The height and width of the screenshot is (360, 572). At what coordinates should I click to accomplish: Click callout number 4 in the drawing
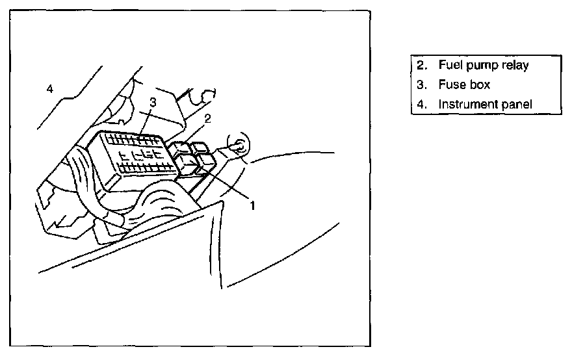coord(50,88)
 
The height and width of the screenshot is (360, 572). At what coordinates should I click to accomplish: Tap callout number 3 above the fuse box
coord(151,102)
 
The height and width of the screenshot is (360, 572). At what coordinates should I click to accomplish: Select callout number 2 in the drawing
coord(207,118)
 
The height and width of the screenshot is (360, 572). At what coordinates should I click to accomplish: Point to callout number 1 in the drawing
coord(252,205)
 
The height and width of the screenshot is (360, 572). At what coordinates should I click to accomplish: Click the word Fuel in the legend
coord(449,65)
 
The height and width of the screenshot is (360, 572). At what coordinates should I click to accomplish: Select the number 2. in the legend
coord(422,65)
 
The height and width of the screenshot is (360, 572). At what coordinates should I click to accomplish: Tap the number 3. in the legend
coord(422,84)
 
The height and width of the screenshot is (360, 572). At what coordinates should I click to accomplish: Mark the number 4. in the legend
coord(422,104)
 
